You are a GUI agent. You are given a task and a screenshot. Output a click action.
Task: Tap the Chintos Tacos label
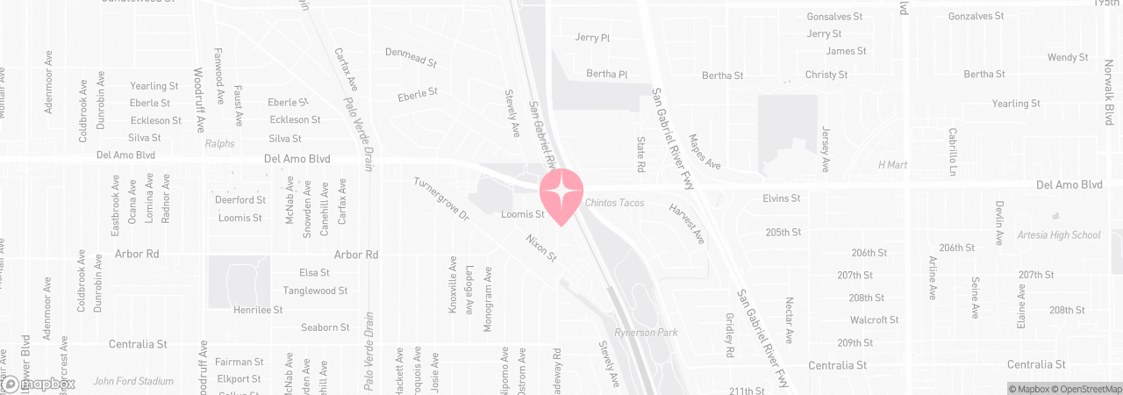pyautogui.click(x=614, y=204)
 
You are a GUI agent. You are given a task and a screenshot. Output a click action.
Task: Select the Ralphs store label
pyautogui.click(x=220, y=144)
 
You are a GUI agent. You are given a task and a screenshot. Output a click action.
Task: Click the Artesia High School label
pyautogui.click(x=1058, y=235)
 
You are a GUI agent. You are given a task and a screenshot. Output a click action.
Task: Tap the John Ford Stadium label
pyautogui.click(x=133, y=381)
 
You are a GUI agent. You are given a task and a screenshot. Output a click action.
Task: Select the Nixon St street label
pyautogui.click(x=541, y=248)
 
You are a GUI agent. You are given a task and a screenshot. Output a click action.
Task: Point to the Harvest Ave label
pyautogui.click(x=687, y=225)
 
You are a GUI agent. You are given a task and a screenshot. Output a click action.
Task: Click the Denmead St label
pyautogui.click(x=411, y=58)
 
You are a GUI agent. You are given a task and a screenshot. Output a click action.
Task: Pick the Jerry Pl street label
pyautogui.click(x=592, y=38)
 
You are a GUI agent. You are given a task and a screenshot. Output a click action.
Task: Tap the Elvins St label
pyautogui.click(x=782, y=199)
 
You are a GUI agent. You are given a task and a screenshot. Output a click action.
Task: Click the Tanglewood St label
pyautogui.click(x=315, y=291)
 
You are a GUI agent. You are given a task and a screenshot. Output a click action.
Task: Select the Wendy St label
pyautogui.click(x=1068, y=58)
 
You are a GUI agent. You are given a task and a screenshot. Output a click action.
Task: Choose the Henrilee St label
pyautogui.click(x=258, y=310)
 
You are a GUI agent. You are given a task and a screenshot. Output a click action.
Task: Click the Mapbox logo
pyautogui.click(x=39, y=384)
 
